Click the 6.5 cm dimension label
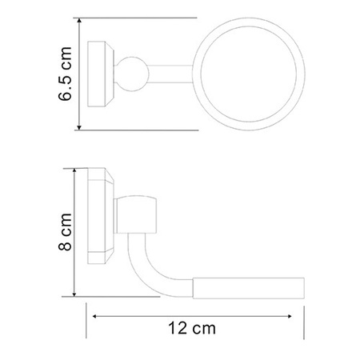65,74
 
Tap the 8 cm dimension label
65,232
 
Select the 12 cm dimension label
192,328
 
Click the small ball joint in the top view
131,74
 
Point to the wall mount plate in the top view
101,74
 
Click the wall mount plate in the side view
101,216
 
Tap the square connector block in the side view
135,214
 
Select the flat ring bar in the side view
249,288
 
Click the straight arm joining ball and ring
170,74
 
